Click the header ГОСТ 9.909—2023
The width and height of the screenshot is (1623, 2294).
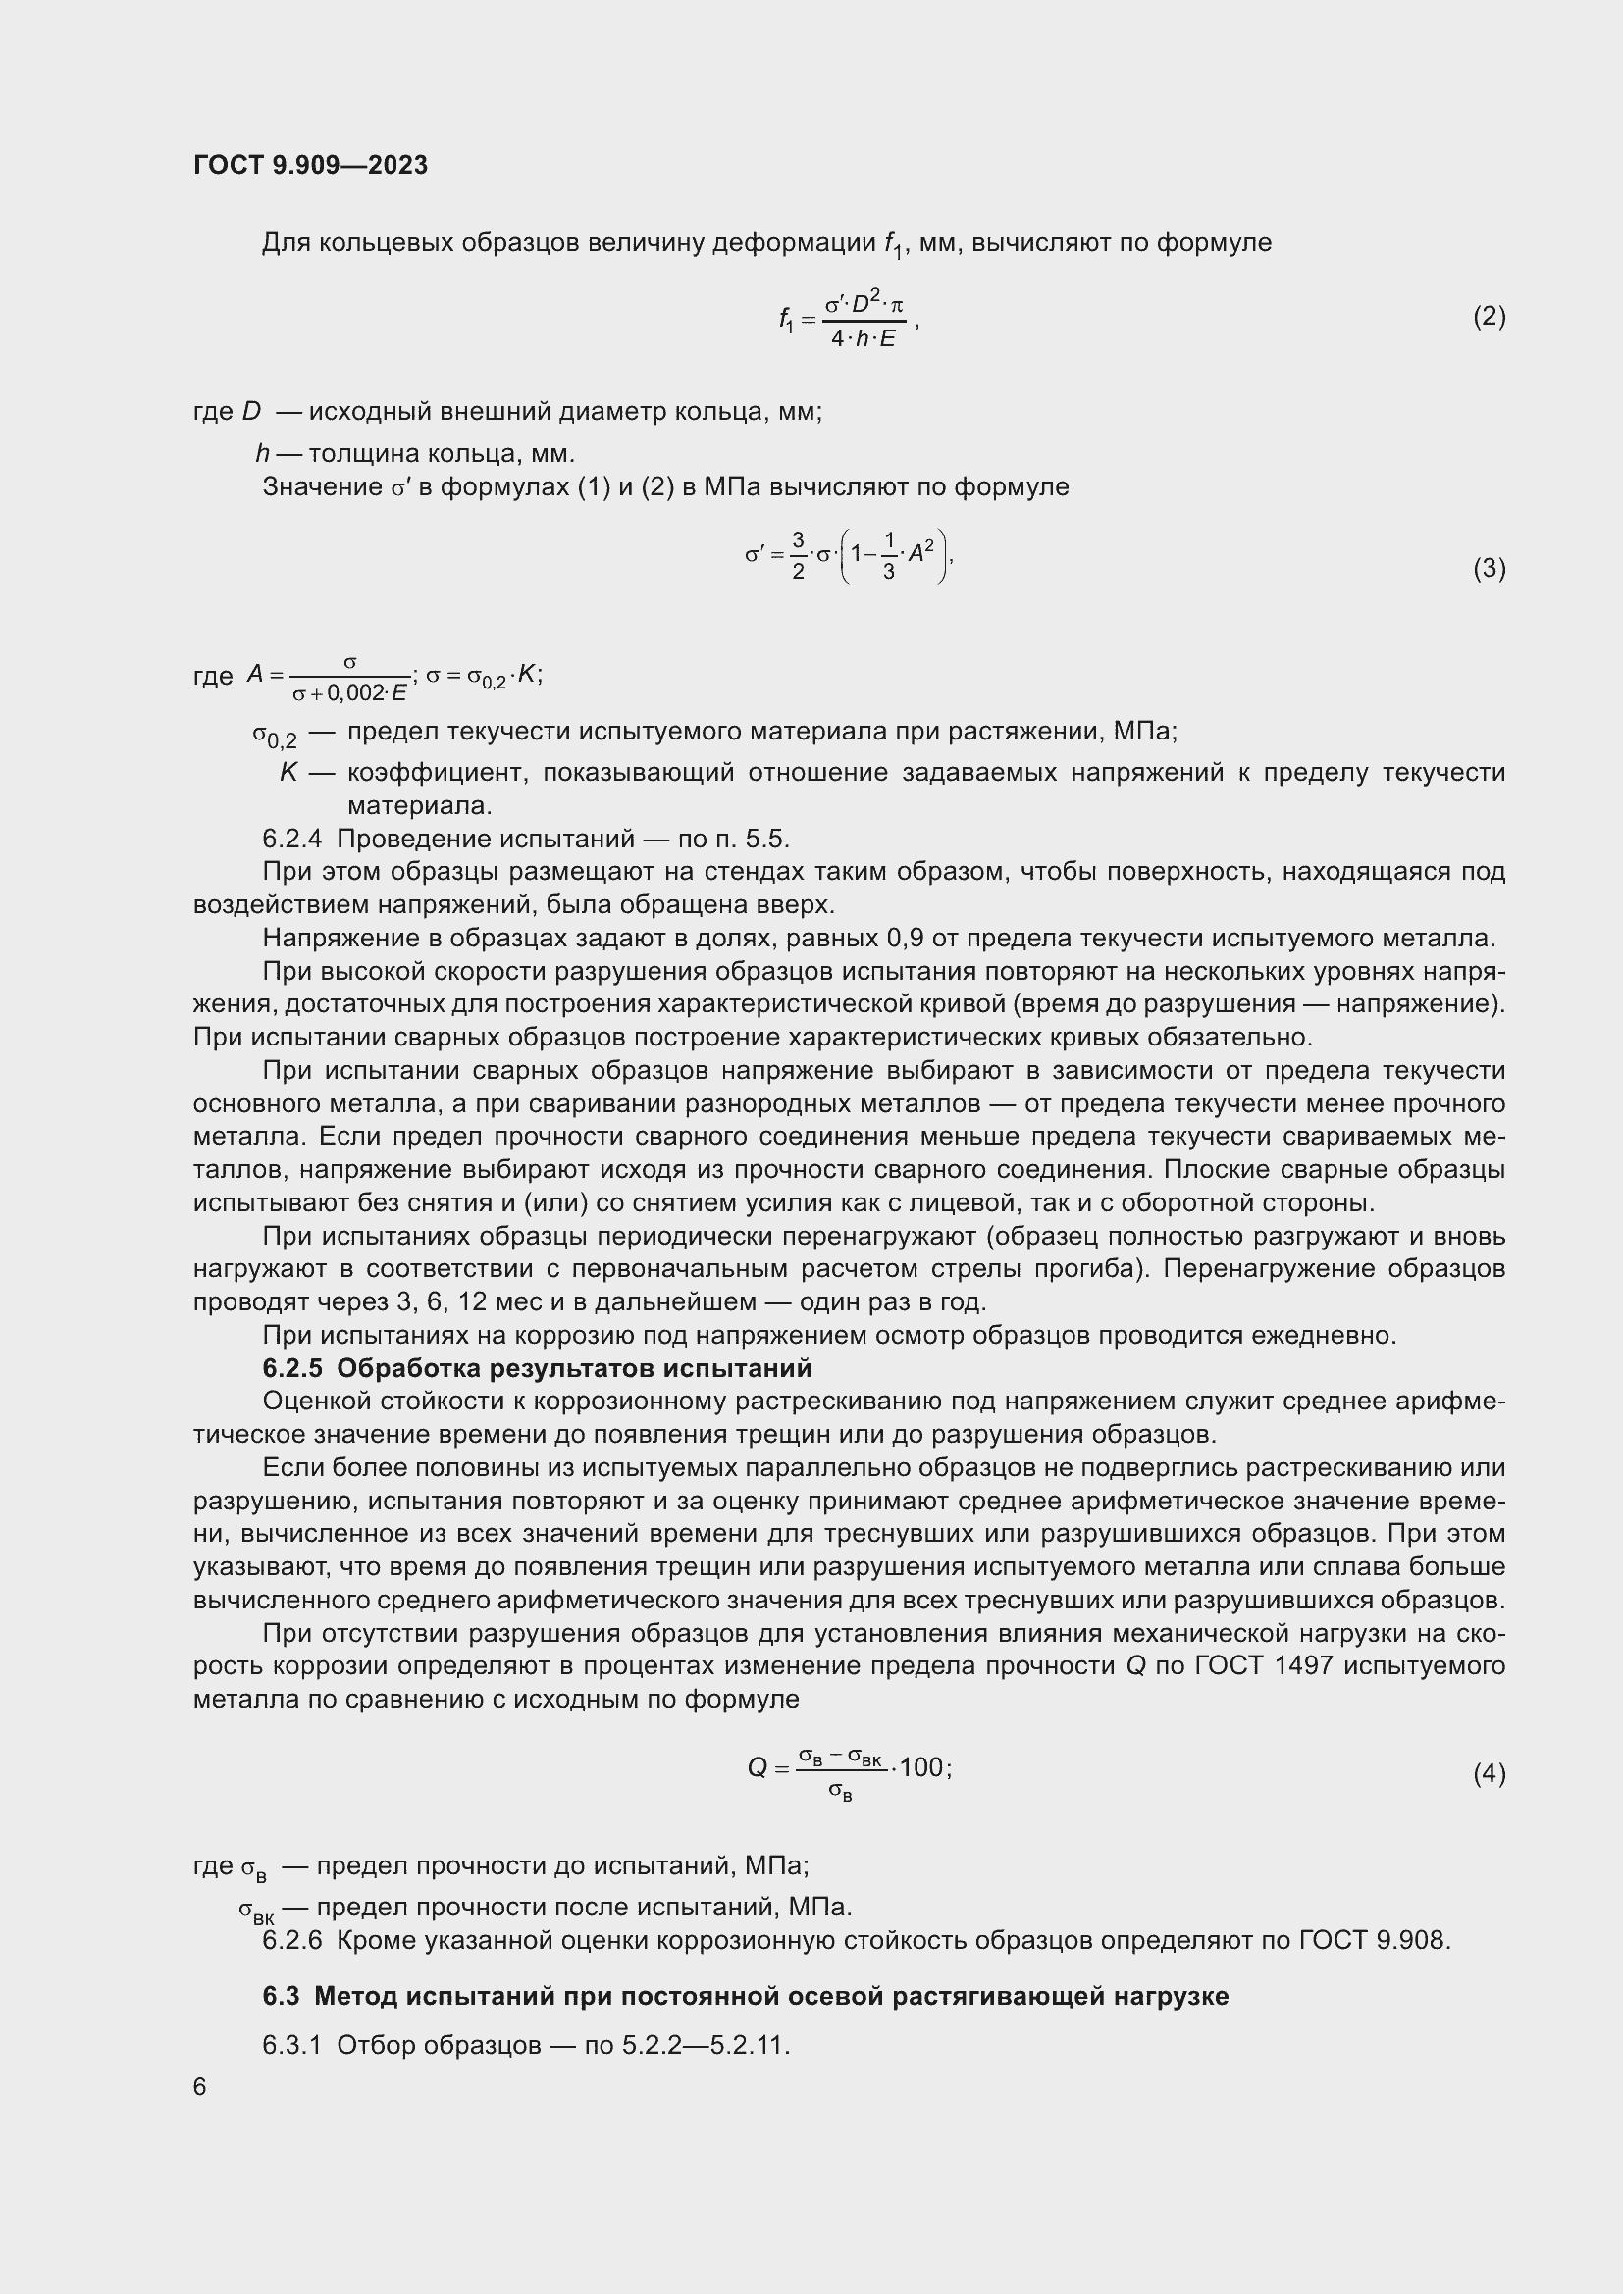tap(310, 165)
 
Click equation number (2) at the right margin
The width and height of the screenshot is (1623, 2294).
tap(1489, 317)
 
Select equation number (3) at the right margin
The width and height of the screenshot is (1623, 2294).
tap(1489, 569)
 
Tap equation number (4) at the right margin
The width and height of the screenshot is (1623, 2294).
tap(1489, 1773)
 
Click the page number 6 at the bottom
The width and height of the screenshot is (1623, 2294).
tap(200, 2086)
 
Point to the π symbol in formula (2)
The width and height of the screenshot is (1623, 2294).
tap(897, 307)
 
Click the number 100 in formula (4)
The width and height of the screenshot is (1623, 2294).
tap(920, 1767)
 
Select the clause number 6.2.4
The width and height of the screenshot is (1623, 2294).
tap(291, 839)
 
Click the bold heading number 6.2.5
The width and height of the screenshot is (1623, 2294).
tap(291, 1368)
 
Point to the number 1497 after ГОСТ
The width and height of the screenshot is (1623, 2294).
tap(1304, 1665)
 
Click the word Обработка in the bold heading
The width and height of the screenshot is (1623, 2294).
tap(398, 1368)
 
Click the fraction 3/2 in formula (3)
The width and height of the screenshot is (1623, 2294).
tap(798, 555)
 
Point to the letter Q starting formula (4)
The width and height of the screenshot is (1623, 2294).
tap(758, 1768)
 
